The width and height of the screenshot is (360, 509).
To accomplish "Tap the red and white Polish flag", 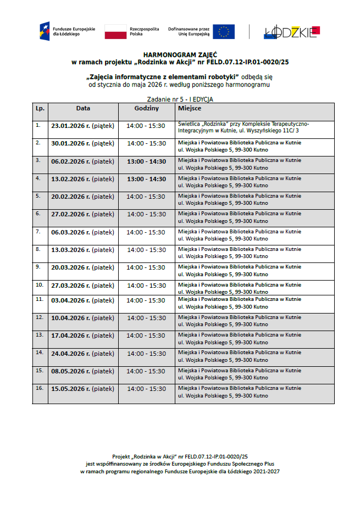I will click(x=115, y=31).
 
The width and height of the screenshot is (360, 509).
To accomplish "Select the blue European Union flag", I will click(x=224, y=31).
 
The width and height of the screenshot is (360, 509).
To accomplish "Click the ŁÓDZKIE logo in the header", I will click(x=291, y=32).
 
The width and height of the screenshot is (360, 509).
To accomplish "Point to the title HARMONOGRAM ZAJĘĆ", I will click(x=180, y=55).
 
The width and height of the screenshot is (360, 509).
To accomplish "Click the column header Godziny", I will click(x=146, y=109).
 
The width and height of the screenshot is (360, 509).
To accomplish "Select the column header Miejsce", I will click(x=189, y=109).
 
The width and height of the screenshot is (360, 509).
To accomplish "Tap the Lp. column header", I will click(x=40, y=109).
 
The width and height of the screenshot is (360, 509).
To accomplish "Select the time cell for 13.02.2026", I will click(x=146, y=179).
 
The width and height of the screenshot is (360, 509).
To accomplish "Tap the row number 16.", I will click(x=39, y=388).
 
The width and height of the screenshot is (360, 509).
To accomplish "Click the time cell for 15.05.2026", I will click(x=146, y=389).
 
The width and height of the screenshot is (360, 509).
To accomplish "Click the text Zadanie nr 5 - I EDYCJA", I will click(x=180, y=99).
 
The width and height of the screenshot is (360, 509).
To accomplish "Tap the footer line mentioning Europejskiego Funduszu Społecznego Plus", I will click(x=180, y=463).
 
